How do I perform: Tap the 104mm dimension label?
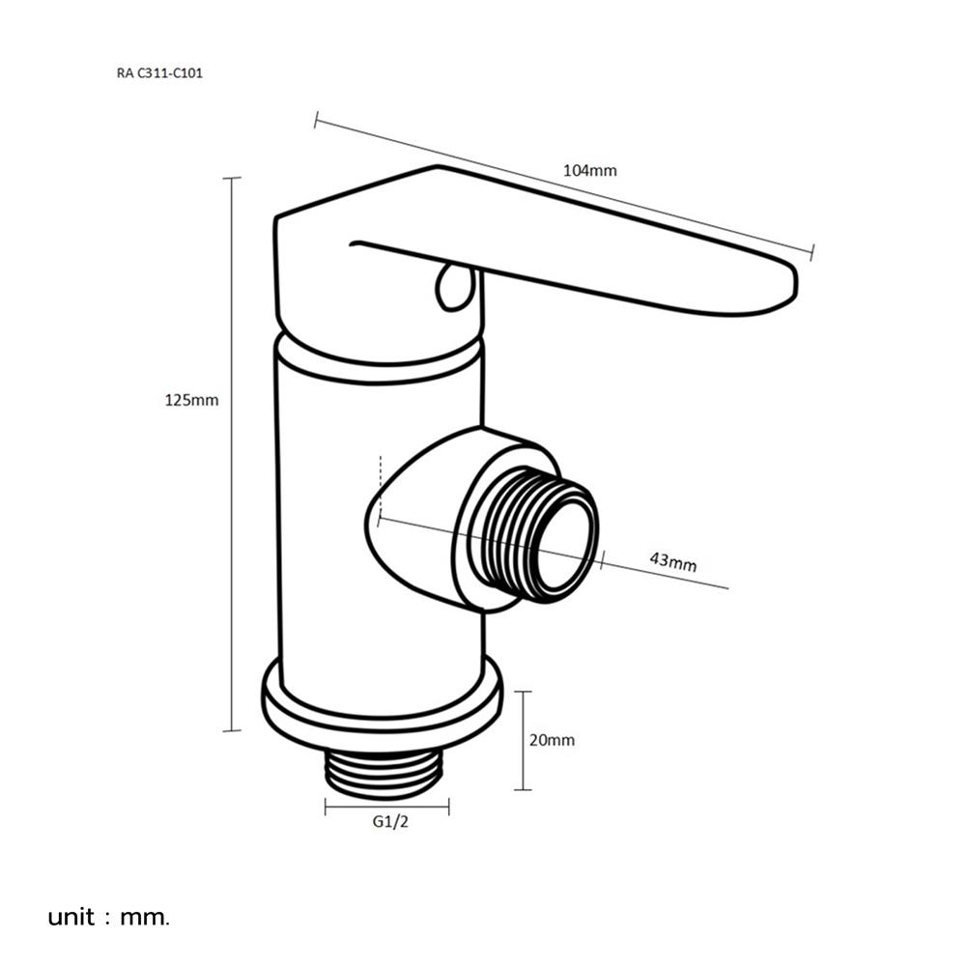point(589,171)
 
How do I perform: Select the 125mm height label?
point(192,400)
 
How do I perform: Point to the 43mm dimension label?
point(672,562)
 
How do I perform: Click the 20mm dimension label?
point(553,740)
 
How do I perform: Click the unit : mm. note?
point(108,916)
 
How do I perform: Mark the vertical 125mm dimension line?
point(231,454)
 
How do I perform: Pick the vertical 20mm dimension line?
point(523,740)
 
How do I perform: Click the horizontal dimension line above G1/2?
point(387,805)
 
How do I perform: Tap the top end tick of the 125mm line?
point(231,179)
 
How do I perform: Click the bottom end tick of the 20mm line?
point(523,789)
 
